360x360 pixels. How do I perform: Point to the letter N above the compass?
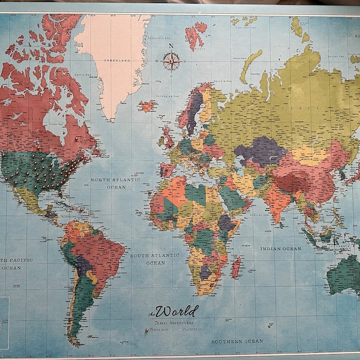(x=171, y=46)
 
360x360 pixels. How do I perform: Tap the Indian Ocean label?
(x=280, y=248)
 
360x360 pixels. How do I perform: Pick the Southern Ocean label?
(x=236, y=341)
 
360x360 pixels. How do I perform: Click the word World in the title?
(x=176, y=311)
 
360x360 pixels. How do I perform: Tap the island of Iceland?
(x=146, y=106)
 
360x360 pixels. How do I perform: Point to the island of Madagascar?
(x=236, y=267)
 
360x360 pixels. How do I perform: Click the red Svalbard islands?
(x=196, y=35)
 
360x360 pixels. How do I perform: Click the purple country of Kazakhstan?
(x=259, y=150)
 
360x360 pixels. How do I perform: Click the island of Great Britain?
(x=169, y=139)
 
